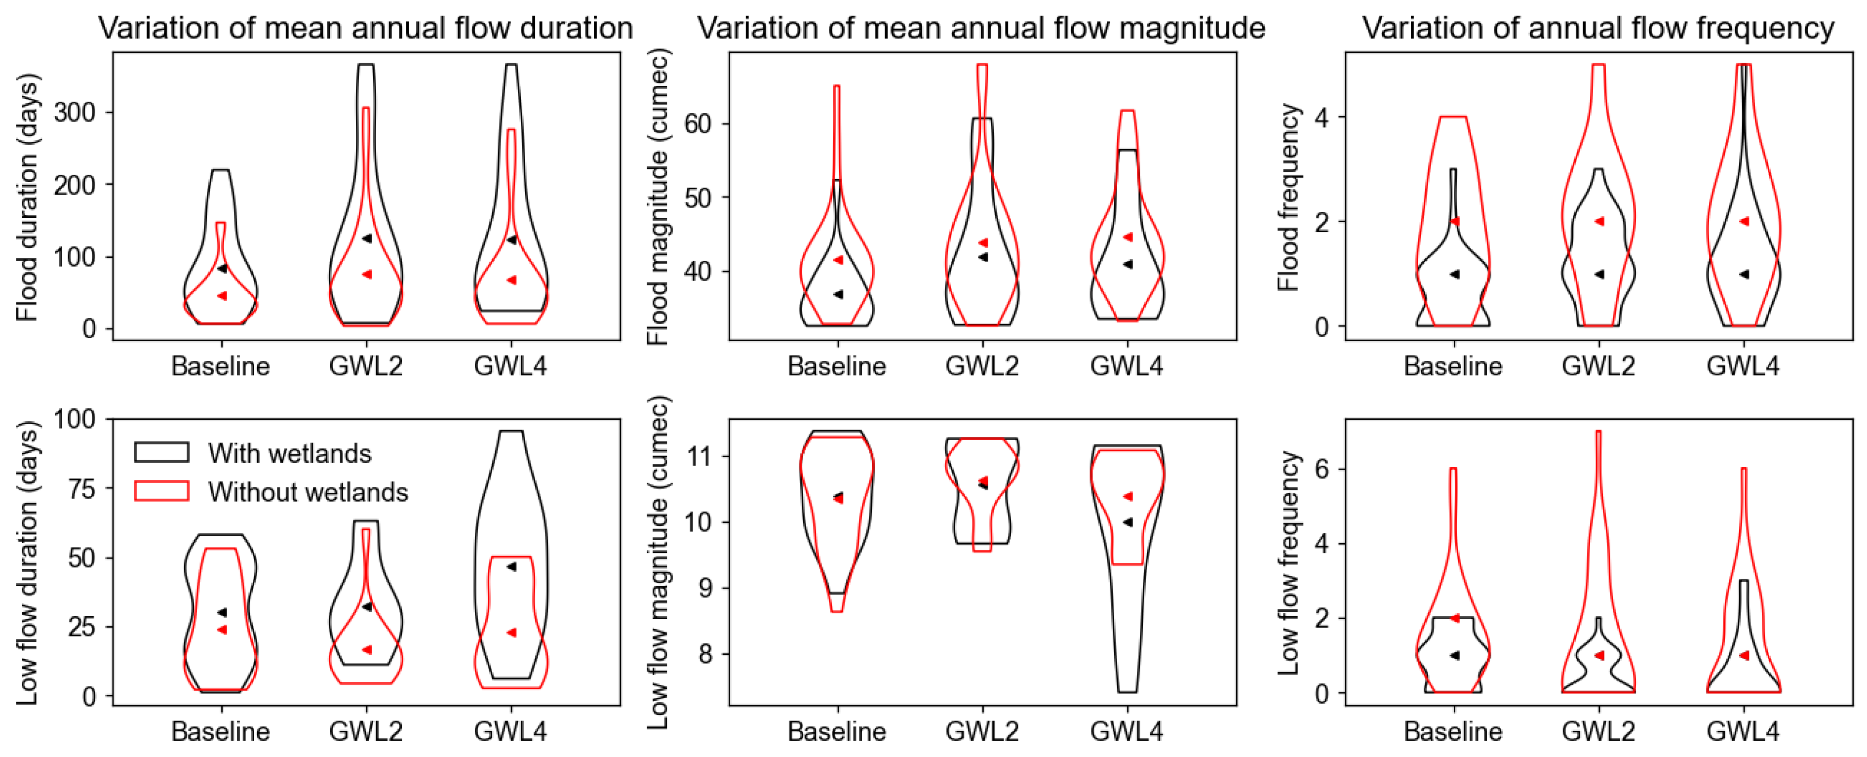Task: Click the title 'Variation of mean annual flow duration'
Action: point(365,28)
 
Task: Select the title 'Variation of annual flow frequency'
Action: point(1597,28)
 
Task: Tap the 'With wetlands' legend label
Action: point(289,453)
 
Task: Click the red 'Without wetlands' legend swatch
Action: point(161,492)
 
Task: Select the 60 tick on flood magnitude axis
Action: point(697,123)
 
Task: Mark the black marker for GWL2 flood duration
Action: point(367,239)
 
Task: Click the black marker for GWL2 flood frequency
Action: point(1599,274)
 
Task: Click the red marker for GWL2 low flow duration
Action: point(367,650)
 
